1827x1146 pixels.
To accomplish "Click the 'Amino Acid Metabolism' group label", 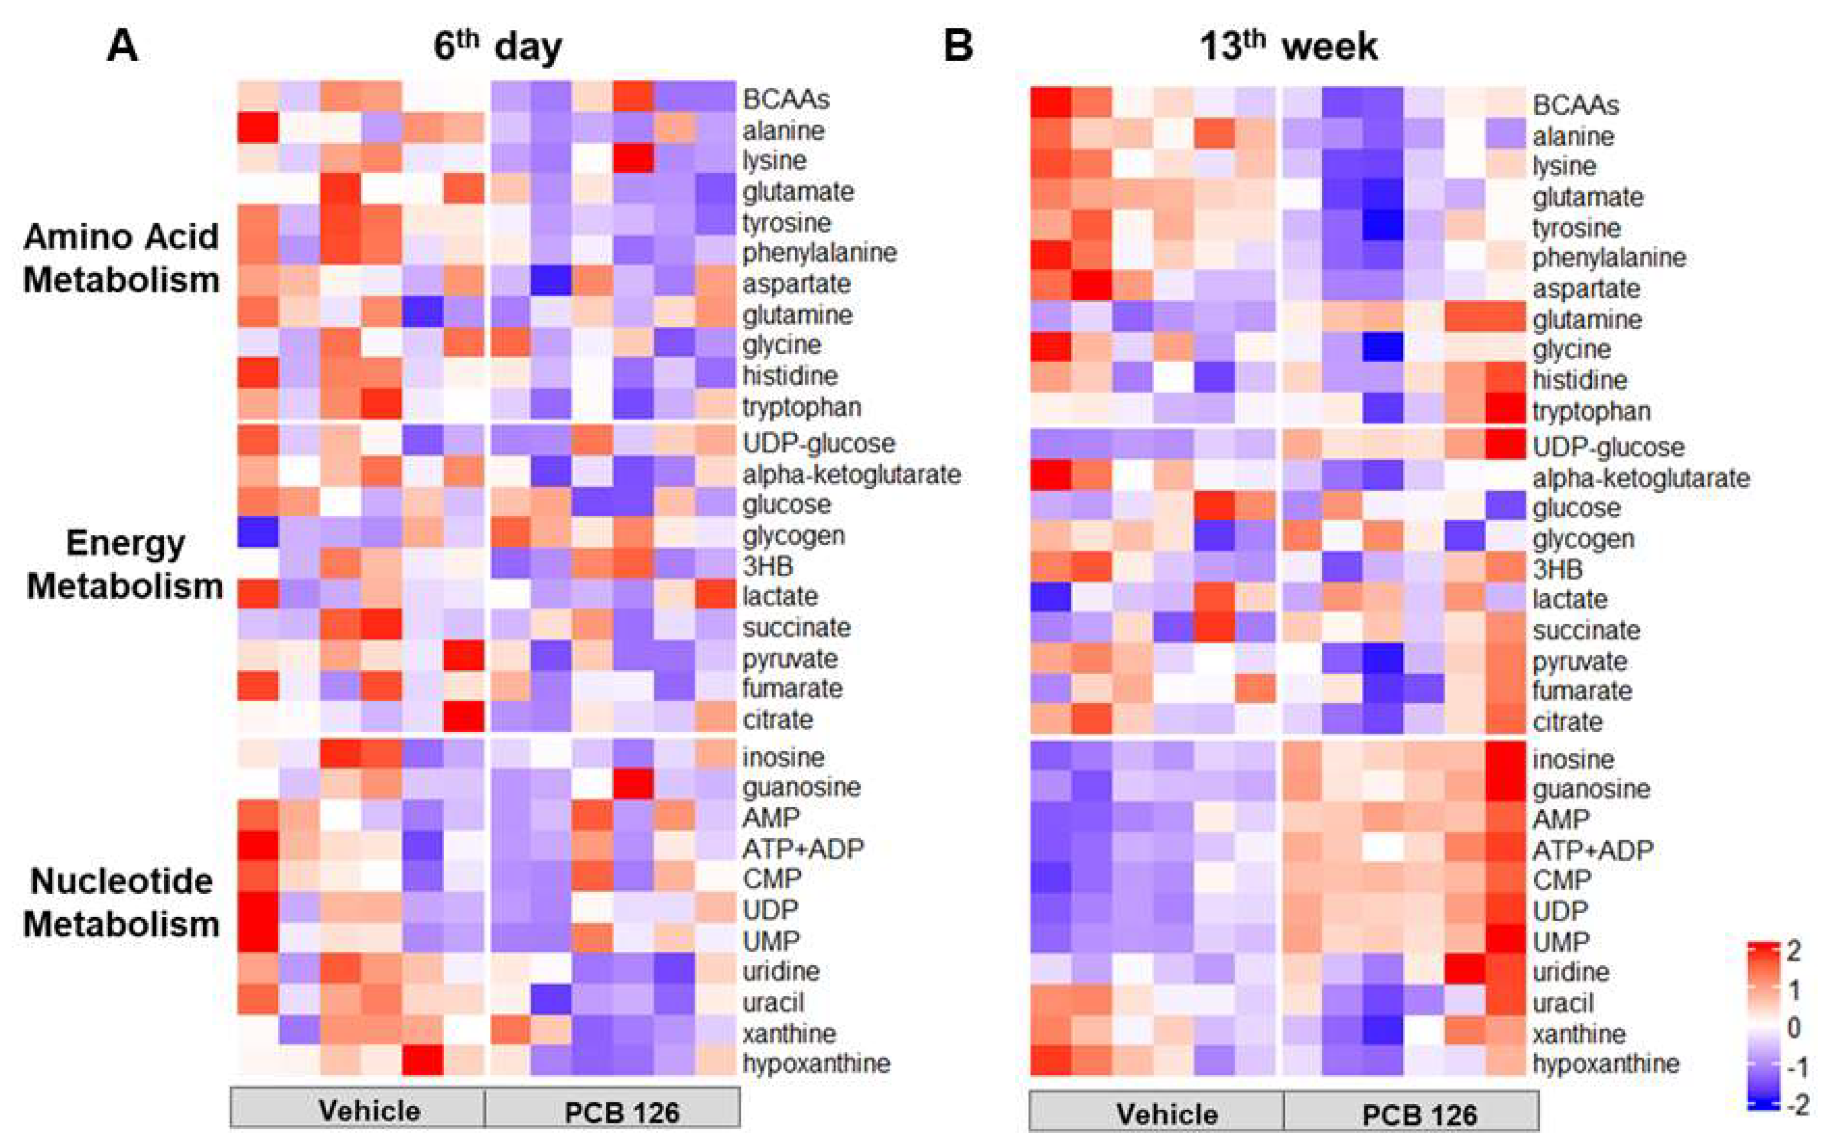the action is (x=121, y=258).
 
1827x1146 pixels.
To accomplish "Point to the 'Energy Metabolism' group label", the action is (x=125, y=565).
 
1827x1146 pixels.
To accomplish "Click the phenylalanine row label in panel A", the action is (x=819, y=253).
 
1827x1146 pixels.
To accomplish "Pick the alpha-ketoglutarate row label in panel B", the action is (x=1641, y=478).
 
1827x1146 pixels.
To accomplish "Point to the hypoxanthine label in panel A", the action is (x=816, y=1063).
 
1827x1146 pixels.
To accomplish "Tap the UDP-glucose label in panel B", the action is (x=1608, y=447).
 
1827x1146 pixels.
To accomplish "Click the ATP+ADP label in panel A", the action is (x=803, y=849).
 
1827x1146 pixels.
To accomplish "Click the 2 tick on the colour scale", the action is (x=1793, y=951).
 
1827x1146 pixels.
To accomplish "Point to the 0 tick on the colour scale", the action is (x=1793, y=1028).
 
